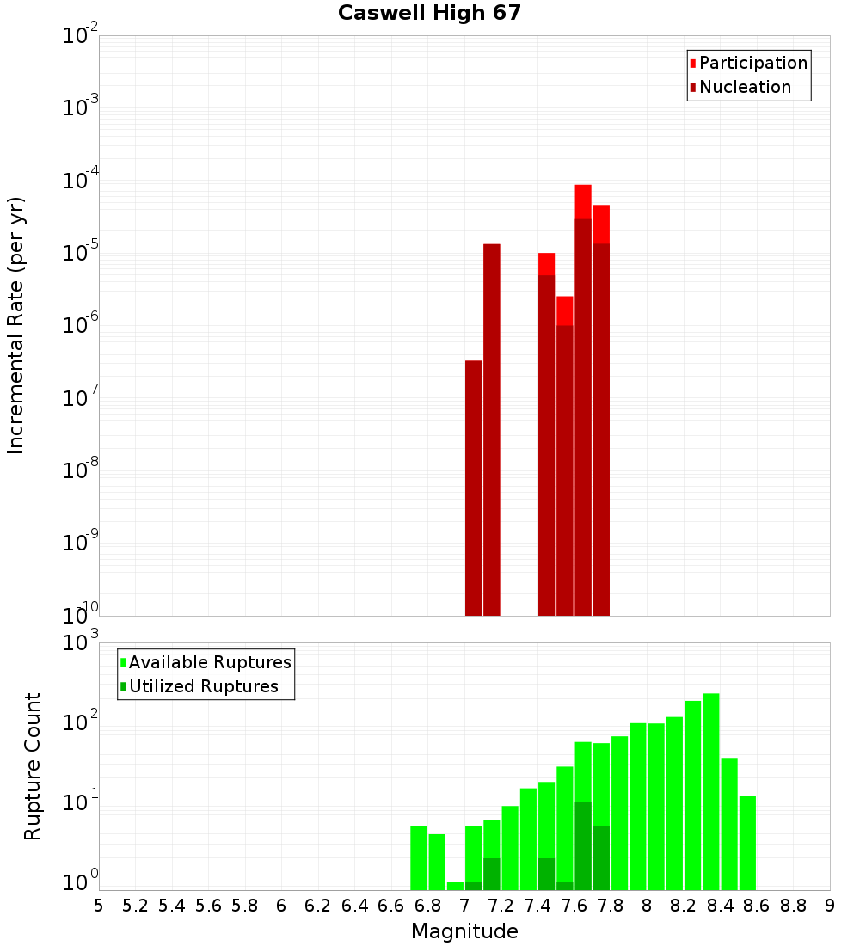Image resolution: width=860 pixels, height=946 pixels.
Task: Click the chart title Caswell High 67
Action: [x=429, y=13]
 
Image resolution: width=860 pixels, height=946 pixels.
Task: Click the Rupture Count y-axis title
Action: [x=33, y=765]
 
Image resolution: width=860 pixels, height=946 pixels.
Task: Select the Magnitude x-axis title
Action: [x=464, y=931]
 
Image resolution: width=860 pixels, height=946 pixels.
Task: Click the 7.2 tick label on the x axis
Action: [x=501, y=906]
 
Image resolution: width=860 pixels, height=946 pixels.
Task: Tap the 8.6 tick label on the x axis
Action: [x=757, y=906]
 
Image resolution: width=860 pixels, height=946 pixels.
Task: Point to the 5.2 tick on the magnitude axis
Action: [x=135, y=906]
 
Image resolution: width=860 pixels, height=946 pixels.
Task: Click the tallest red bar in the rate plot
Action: [x=583, y=201]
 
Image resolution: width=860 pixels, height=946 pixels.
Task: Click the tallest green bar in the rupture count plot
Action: [x=710, y=791]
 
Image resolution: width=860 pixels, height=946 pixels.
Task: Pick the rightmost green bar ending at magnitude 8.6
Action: [x=747, y=843]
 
